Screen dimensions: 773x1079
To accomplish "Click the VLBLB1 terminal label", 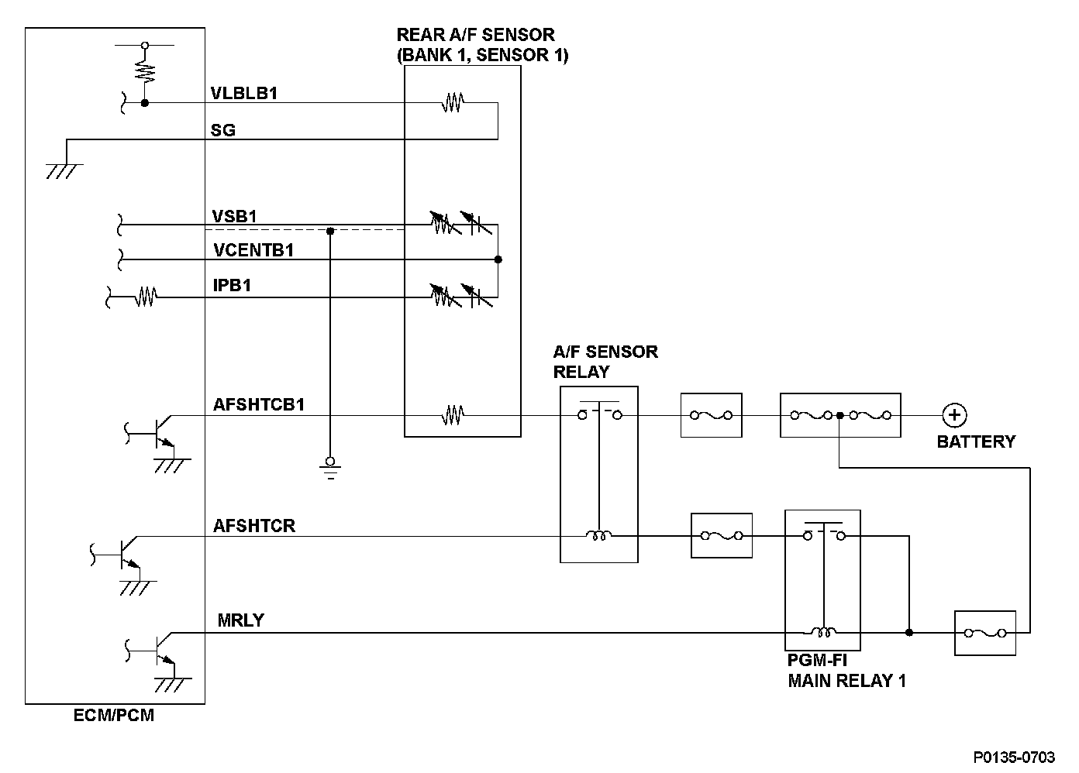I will click(x=244, y=94).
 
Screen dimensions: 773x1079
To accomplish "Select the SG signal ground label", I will click(x=223, y=130).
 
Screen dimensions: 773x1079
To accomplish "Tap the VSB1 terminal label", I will click(x=234, y=216).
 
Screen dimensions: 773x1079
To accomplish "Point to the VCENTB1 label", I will click(x=253, y=250).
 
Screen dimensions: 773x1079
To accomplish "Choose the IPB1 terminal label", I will click(x=232, y=286).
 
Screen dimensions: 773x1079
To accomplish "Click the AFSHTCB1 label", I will click(x=259, y=404).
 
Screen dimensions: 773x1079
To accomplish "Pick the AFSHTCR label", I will click(x=254, y=526).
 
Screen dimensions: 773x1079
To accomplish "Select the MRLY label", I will click(x=241, y=620).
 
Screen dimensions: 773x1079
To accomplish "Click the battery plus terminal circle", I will click(x=954, y=416).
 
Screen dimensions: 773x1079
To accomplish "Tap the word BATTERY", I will click(x=976, y=441).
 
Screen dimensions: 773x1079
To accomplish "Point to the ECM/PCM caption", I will click(x=114, y=716).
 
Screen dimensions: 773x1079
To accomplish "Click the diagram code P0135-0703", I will click(x=1015, y=756).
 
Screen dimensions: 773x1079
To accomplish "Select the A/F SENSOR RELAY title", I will click(x=605, y=361).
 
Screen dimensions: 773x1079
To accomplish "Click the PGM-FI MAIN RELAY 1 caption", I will click(x=846, y=671).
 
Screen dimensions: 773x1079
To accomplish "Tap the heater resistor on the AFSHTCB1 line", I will click(x=453, y=417).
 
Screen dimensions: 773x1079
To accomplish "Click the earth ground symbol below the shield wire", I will click(x=330, y=466).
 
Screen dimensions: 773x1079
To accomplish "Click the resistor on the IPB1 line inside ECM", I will click(x=146, y=296).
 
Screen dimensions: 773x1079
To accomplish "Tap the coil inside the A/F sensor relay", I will click(x=599, y=535).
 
